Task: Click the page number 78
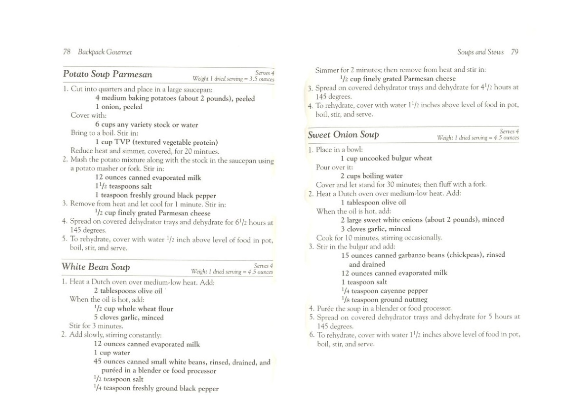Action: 66,52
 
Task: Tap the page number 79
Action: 515,52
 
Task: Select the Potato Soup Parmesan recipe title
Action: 107,75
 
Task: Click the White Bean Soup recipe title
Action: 96,267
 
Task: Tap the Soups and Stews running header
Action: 481,52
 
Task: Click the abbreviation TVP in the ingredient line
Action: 122,142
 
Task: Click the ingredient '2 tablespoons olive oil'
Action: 128,290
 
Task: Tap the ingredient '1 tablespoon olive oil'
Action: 373,202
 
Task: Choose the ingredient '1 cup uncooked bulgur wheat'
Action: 386,158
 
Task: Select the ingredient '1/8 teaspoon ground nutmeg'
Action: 384,299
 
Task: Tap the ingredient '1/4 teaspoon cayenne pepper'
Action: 384,290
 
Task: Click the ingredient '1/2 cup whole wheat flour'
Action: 133,308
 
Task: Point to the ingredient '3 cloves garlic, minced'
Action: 376,228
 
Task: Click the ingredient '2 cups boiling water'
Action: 371,176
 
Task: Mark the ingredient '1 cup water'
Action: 112,353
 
